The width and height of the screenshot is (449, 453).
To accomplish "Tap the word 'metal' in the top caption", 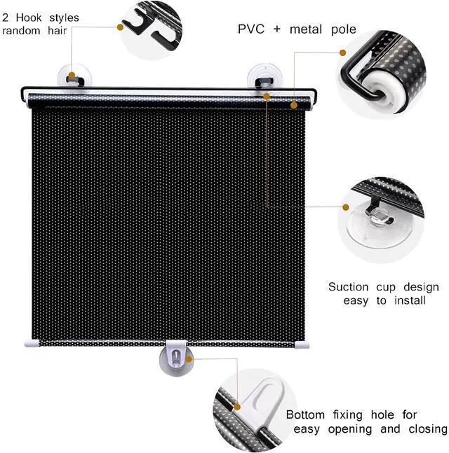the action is (308, 29).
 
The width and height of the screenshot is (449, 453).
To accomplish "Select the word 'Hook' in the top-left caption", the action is (30, 18).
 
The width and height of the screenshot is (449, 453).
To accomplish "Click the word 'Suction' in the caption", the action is (351, 287).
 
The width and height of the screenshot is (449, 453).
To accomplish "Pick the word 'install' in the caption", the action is (410, 300).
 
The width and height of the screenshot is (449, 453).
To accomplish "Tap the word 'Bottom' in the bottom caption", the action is (307, 414).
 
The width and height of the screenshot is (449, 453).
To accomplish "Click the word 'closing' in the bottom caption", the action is (424, 428).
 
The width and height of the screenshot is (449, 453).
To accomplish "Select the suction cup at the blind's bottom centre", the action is (173, 358).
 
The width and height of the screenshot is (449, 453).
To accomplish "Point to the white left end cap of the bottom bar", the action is (30, 344).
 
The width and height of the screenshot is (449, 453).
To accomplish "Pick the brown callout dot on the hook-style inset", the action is (121, 27).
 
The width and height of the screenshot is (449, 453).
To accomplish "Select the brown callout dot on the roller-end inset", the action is (343, 53).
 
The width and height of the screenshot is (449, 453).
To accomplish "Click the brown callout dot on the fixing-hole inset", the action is (239, 405).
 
